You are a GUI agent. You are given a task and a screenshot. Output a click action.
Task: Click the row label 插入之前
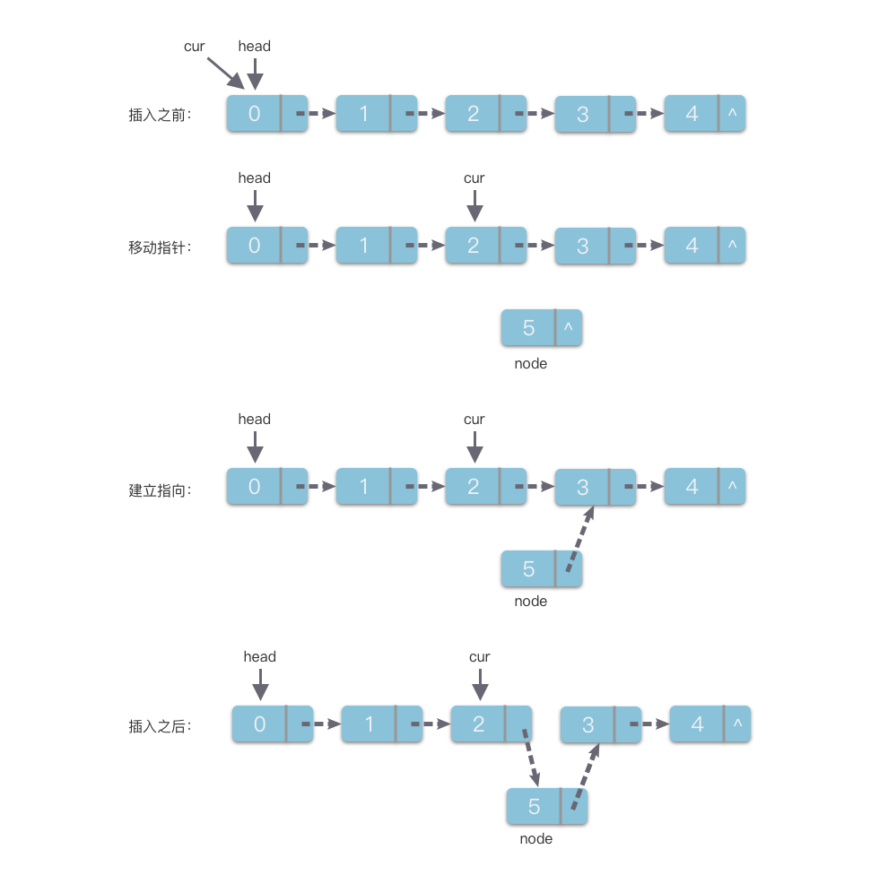tap(160, 115)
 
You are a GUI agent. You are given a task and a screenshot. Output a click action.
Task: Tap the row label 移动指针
tap(160, 247)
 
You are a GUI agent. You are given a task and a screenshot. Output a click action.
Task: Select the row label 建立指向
tap(160, 491)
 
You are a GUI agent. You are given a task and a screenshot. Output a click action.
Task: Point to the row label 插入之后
tap(160, 727)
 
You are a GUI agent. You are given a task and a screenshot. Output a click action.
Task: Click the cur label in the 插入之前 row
tap(195, 47)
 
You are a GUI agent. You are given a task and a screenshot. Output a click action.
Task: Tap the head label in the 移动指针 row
tap(254, 178)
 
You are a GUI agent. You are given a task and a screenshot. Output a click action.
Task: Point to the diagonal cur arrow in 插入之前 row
tap(225, 72)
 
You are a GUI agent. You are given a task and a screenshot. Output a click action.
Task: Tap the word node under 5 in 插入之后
tap(535, 839)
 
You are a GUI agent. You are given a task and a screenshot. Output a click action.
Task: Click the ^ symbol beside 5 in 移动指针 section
tap(568, 328)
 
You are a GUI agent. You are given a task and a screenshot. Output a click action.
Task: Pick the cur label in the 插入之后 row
tap(480, 657)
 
